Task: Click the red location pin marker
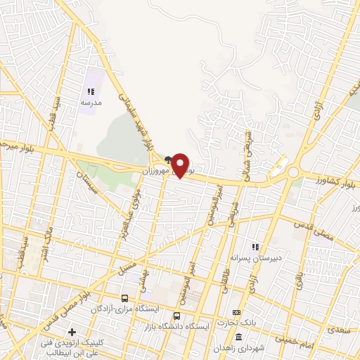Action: [x=181, y=165]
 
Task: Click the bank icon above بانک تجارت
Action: [x=237, y=312]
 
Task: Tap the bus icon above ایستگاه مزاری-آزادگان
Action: [x=125, y=298]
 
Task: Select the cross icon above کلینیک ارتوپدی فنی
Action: [x=72, y=331]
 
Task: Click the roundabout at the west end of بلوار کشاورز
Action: [x=292, y=171]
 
